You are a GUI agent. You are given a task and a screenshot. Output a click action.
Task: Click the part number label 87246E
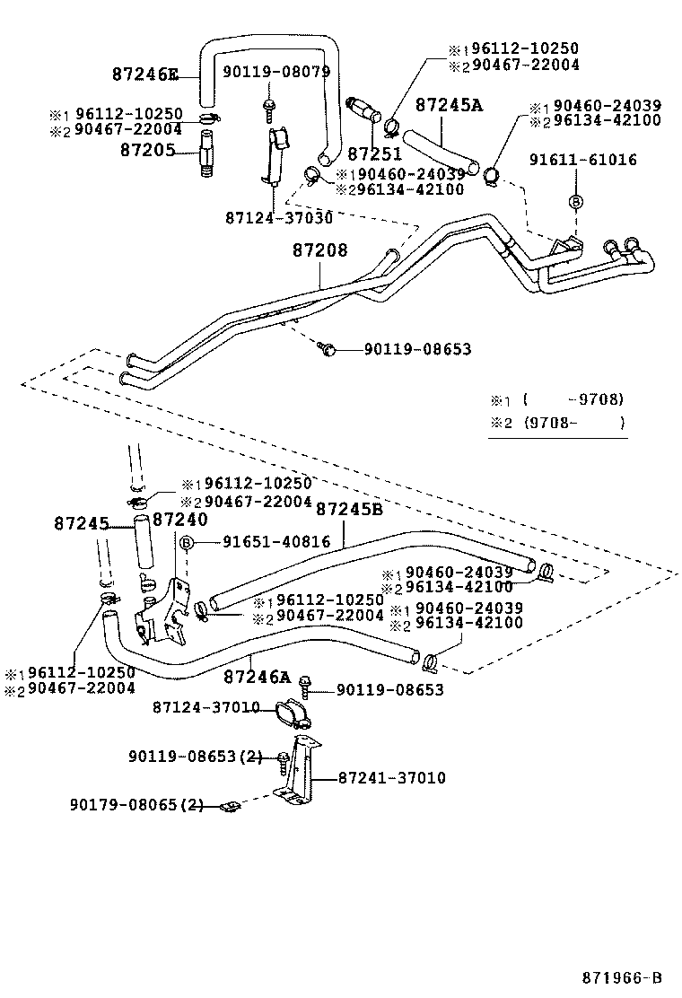pyautogui.click(x=145, y=74)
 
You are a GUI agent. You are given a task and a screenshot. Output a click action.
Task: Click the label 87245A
pyautogui.click(x=449, y=105)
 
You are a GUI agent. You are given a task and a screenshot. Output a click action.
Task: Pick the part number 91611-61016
pyautogui.click(x=582, y=160)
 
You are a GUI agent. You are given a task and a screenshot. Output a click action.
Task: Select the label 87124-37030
pyautogui.click(x=279, y=217)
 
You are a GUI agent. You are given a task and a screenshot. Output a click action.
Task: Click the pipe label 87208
pyautogui.click(x=319, y=250)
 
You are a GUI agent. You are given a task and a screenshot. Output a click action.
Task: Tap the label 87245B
pyautogui.click(x=350, y=509)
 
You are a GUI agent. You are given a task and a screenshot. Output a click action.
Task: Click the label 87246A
pyautogui.click(x=257, y=677)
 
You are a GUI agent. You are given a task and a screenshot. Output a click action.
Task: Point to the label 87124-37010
pyautogui.click(x=205, y=708)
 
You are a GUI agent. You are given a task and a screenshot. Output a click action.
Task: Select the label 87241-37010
pyautogui.click(x=391, y=778)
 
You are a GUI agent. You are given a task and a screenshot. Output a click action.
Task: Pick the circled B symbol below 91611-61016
pyautogui.click(x=576, y=202)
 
